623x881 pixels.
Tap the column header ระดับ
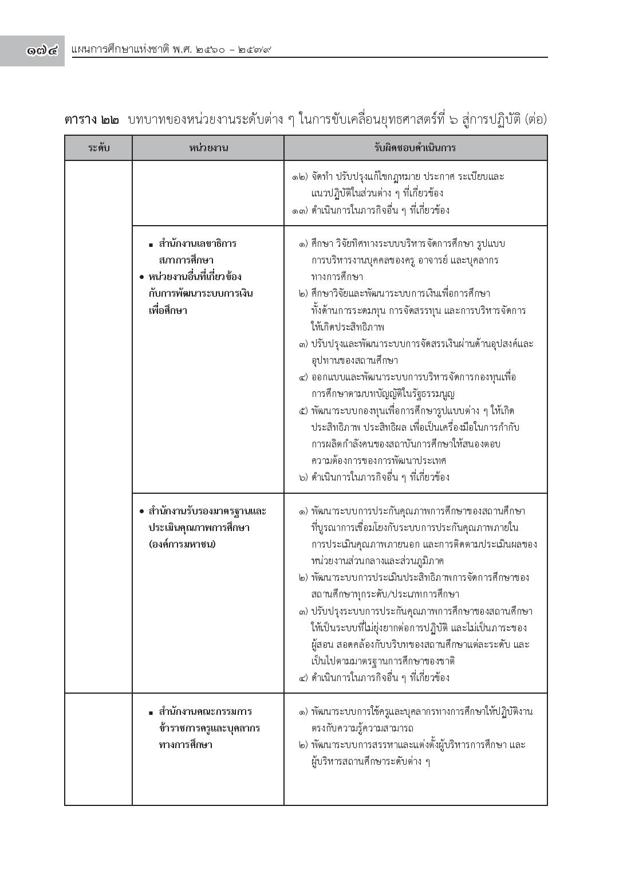[99, 148]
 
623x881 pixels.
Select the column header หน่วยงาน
[208, 148]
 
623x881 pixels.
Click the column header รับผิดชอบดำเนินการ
[415, 148]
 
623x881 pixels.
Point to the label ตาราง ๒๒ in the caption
[92, 120]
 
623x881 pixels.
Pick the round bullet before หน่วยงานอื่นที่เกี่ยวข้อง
[141, 277]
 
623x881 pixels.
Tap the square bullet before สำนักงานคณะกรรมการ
[151, 713]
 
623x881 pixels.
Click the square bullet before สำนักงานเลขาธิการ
[151, 245]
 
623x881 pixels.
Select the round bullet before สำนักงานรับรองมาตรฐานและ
[141, 511]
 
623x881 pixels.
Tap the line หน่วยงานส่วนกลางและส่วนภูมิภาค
[378, 561]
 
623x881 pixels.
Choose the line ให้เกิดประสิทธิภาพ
[348, 327]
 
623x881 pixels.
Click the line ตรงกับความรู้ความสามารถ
[362, 728]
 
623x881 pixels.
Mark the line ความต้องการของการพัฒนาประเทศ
[379, 461]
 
